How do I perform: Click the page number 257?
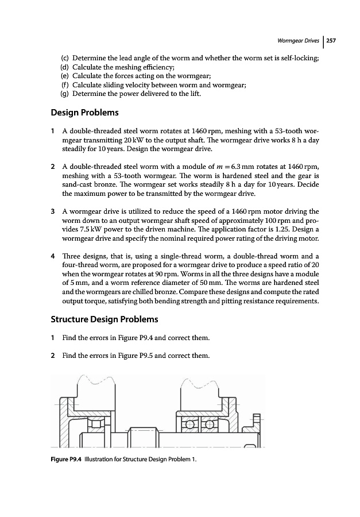tap(331, 41)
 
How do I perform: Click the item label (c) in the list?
tap(65, 59)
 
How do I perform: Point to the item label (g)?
tap(65, 93)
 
